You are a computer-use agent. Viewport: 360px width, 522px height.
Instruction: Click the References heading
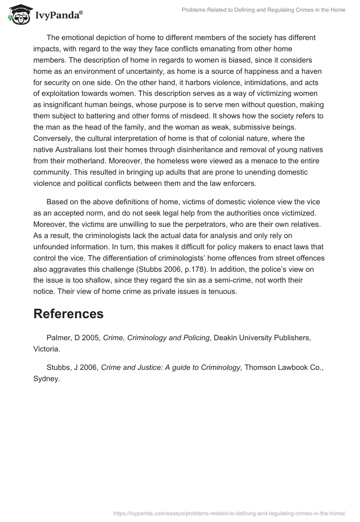coord(68,314)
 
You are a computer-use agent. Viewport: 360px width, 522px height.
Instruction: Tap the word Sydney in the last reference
coord(46,379)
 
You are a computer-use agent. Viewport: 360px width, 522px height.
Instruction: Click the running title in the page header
coord(263,10)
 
